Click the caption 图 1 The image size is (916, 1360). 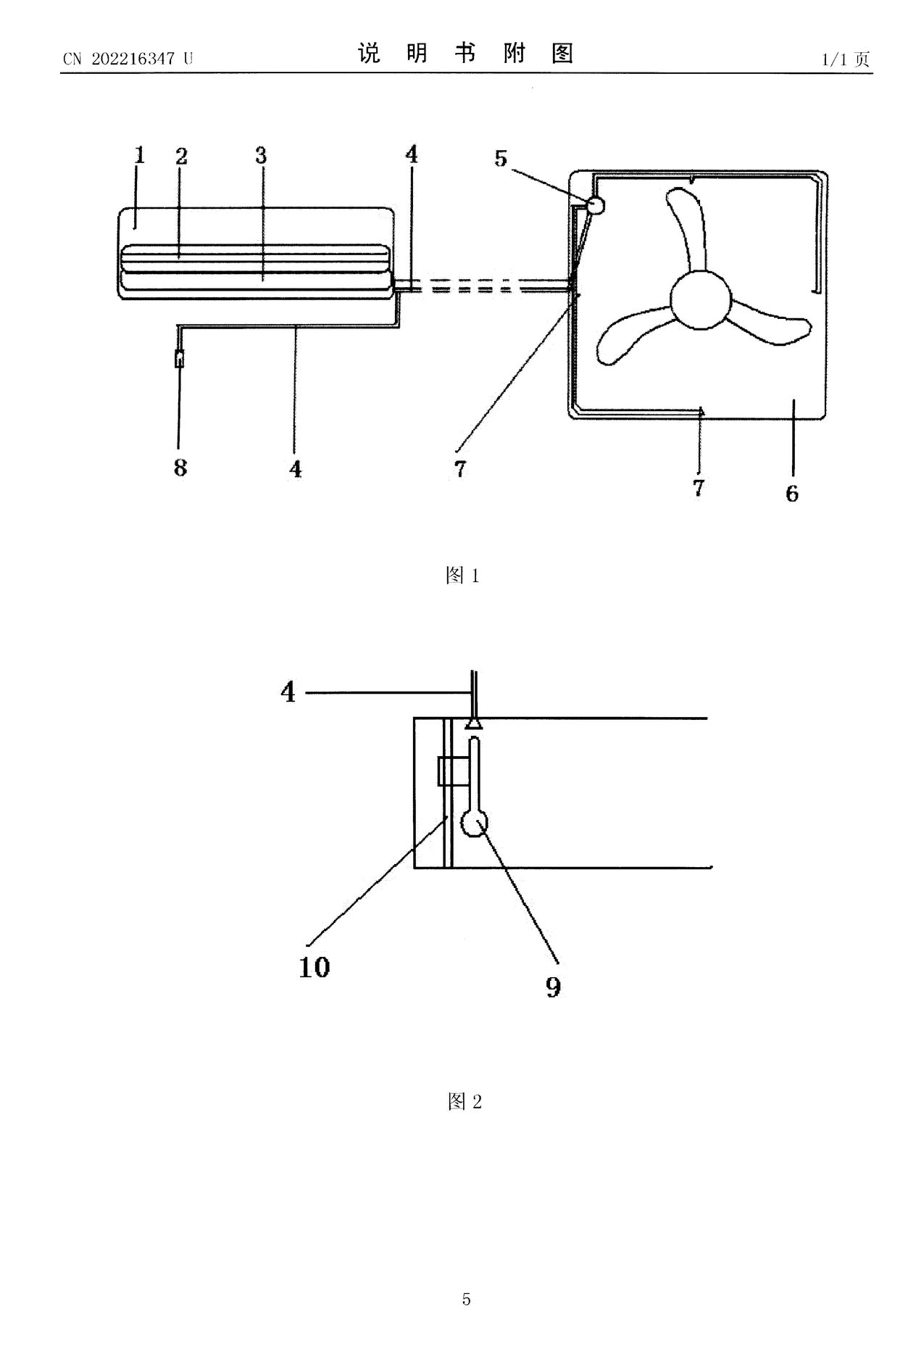tap(462, 576)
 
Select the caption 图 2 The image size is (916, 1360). tap(465, 1102)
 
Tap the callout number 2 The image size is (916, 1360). tap(181, 156)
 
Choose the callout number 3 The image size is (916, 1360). tap(261, 155)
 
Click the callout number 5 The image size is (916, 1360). tap(501, 158)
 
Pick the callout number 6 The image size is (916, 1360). tap(792, 494)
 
